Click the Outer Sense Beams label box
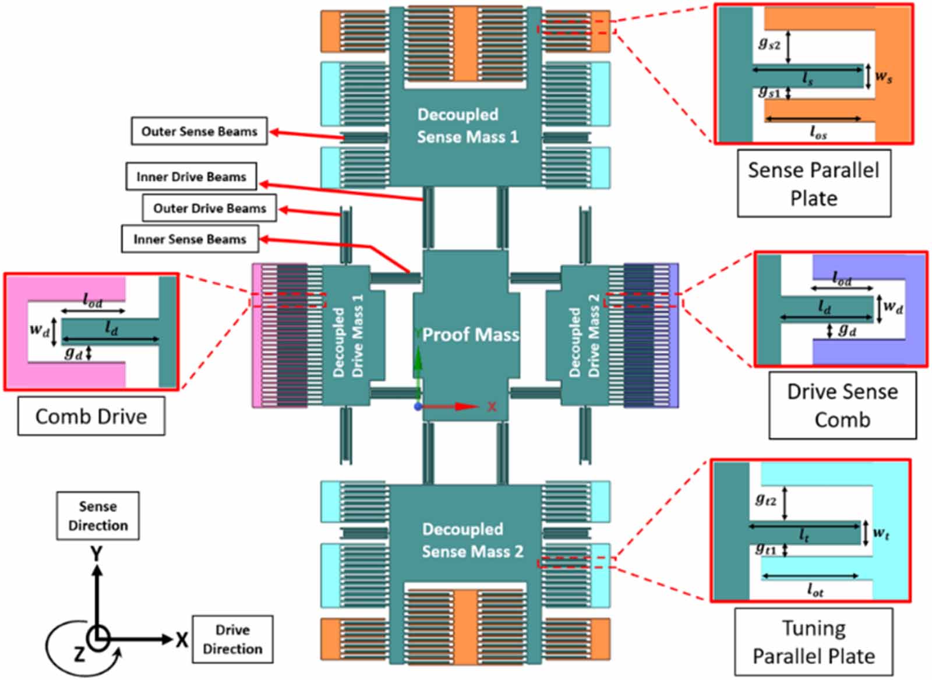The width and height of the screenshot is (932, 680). [x=199, y=132]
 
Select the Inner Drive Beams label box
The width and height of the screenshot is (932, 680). [x=191, y=176]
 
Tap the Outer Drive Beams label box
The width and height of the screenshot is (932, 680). [x=209, y=208]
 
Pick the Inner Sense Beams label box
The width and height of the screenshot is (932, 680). [x=189, y=239]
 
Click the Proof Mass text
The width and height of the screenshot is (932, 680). [x=470, y=335]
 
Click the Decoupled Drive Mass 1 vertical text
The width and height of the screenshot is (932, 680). [x=348, y=335]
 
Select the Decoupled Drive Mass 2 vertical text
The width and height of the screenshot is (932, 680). [x=584, y=335]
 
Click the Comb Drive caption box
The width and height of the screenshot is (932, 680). [x=91, y=416]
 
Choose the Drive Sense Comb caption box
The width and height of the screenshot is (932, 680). [x=842, y=405]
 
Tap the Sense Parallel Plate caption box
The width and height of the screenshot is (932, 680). [x=813, y=183]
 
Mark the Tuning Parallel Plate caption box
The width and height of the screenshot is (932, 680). [x=813, y=642]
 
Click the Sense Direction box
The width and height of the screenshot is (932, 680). [x=97, y=516]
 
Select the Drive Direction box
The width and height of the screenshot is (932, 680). [x=232, y=639]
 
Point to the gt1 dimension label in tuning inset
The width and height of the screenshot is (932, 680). [x=765, y=549]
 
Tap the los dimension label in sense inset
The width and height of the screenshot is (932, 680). [x=818, y=133]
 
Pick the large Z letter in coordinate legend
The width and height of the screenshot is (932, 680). [x=79, y=654]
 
